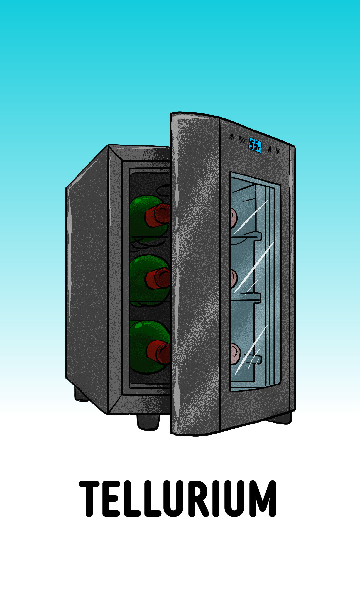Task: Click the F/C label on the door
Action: point(243,140)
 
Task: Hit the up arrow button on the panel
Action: point(270,150)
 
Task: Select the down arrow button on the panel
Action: point(278,151)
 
